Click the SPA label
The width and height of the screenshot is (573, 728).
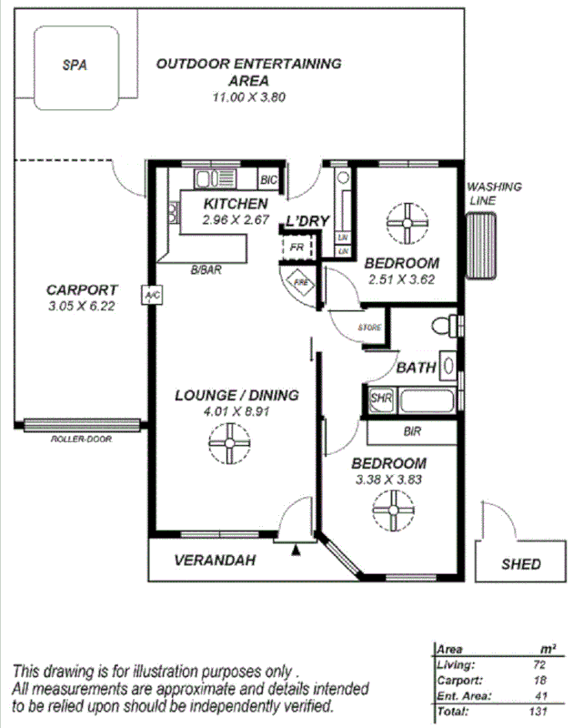coord(75,66)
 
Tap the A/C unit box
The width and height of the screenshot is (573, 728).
coord(150,295)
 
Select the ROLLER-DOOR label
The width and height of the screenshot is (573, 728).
coord(80,439)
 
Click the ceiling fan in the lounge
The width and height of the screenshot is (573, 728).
coord(224,446)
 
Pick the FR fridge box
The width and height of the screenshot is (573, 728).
coord(296,248)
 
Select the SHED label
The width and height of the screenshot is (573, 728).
coord(521,564)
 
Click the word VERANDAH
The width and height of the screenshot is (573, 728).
coord(215,561)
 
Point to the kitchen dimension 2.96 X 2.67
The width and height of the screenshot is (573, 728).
coord(236,220)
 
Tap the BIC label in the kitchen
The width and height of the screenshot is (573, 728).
coord(268,179)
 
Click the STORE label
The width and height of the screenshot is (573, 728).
coord(369,328)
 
